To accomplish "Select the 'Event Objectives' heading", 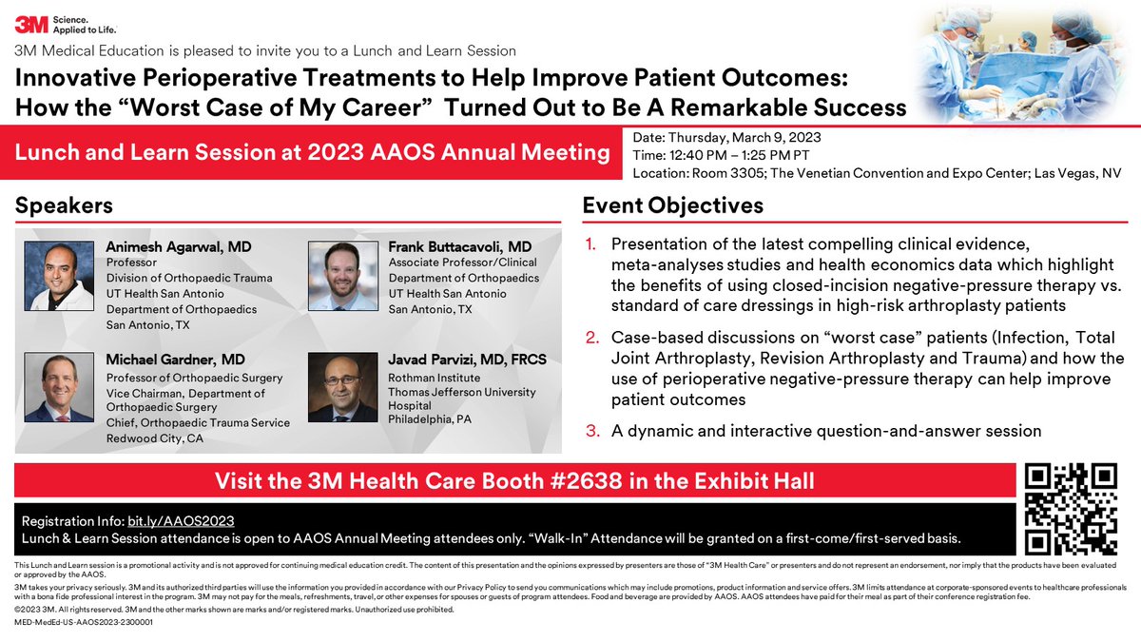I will [672, 205].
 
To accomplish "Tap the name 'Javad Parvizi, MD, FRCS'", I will [473, 359].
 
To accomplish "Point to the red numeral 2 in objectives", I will [591, 338].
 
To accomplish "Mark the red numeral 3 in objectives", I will [591, 431].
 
